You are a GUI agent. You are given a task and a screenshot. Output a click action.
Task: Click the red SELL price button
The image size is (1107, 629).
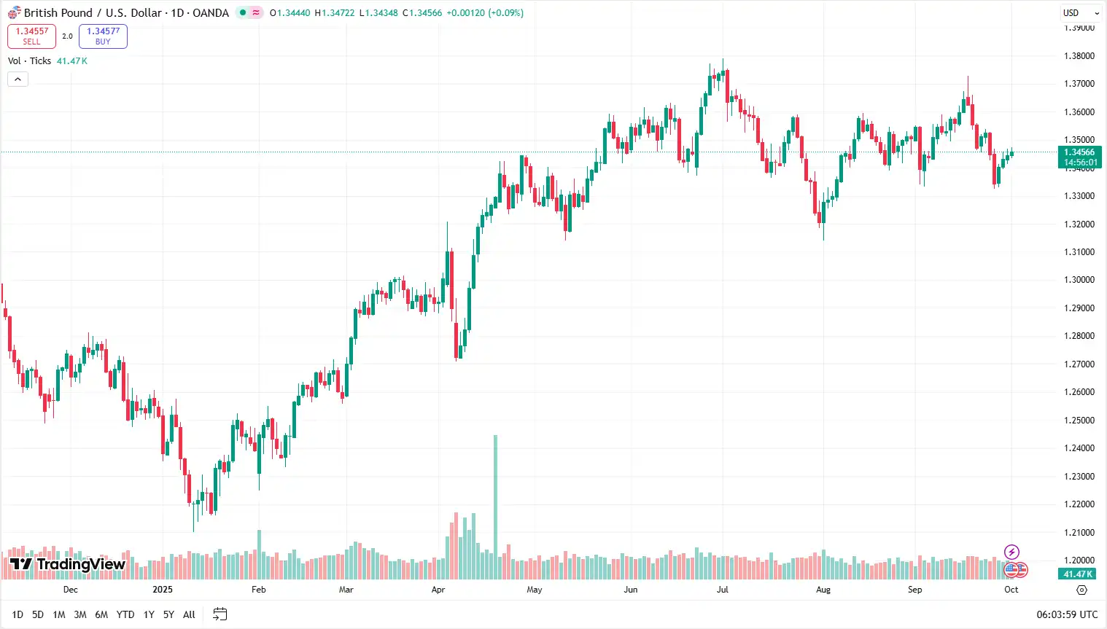pos(31,36)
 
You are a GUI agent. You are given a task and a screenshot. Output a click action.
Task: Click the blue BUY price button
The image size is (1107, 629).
pos(103,36)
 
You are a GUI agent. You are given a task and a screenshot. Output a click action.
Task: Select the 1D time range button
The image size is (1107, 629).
pos(18,614)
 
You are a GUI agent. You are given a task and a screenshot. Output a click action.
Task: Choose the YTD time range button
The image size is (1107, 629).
pos(125,614)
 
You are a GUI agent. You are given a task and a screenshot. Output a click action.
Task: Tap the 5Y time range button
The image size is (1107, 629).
pos(168,614)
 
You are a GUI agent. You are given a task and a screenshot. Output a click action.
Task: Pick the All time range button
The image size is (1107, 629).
pos(189,614)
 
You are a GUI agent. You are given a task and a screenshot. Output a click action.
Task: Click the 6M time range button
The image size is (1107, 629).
pos(101,614)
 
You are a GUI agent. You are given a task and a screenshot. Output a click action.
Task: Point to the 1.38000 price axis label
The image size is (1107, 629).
pos(1079,56)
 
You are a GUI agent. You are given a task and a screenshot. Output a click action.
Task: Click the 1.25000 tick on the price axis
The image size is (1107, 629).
pos(1079,421)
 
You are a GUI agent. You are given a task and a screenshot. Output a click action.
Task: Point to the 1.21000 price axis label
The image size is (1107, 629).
pos(1079,533)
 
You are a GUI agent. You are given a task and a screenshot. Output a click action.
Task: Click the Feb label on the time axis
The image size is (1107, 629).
pos(259,590)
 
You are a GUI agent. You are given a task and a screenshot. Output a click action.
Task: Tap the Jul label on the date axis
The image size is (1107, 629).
pos(722,590)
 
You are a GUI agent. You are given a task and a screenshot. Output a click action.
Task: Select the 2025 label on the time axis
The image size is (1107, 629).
pos(163,590)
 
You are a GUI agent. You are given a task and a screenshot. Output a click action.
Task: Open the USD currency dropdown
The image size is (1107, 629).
pos(1080,13)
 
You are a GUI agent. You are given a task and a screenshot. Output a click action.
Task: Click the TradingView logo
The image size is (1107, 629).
pos(68,564)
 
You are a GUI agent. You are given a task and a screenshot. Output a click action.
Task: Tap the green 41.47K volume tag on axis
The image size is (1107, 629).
pos(1078,574)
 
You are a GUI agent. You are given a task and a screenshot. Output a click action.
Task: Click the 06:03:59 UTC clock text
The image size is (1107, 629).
pos(1067,614)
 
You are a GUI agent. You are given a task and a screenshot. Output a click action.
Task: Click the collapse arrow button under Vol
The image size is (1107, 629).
pos(18,79)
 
